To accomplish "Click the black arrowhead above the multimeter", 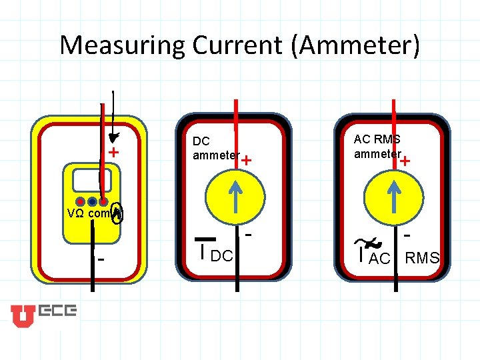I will [114, 137].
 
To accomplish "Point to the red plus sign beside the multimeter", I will [114, 153].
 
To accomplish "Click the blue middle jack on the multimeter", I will [92, 201].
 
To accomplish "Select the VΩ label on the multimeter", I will [75, 214].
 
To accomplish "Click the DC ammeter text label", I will [215, 149].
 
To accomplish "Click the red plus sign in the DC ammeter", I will [247, 160].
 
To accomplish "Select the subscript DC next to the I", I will [221, 255].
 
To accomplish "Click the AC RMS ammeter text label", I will [377, 147].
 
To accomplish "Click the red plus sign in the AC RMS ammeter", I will [405, 161].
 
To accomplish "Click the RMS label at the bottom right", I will [423, 258].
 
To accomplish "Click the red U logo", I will [22, 315].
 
